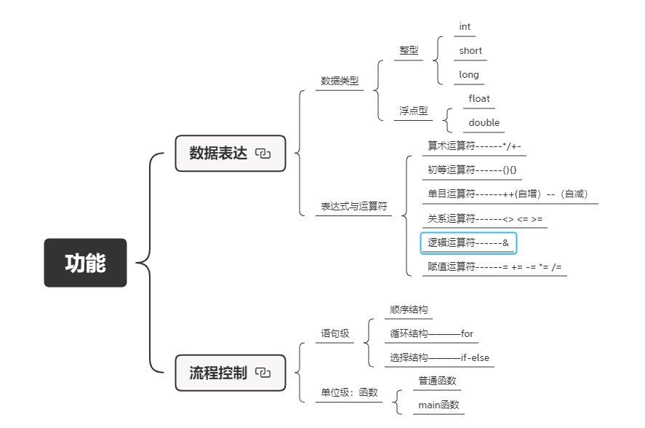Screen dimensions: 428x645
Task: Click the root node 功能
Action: tap(85, 263)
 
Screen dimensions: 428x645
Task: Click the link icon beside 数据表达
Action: tap(263, 154)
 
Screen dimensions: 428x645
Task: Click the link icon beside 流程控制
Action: tap(263, 373)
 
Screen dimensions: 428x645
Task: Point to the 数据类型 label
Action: tap(340, 81)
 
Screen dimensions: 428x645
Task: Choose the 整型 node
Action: tap(409, 51)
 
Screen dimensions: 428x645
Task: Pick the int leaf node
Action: tap(465, 27)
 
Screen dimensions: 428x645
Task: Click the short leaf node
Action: tap(470, 51)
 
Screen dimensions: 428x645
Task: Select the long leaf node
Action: tap(469, 74)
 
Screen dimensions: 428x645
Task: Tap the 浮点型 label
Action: tap(413, 111)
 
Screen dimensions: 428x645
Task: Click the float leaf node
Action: tap(479, 98)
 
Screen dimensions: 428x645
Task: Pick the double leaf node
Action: tap(484, 122)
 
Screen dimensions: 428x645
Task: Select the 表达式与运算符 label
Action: tap(354, 207)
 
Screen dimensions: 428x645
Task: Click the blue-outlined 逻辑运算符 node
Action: tap(468, 242)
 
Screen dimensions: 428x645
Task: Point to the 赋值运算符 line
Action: tap(494, 267)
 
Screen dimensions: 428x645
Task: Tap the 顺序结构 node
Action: tap(409, 309)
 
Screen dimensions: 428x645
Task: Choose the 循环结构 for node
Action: tap(431, 334)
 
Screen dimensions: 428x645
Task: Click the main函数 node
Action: tap(438, 405)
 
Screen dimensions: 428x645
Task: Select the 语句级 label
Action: tap(335, 334)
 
